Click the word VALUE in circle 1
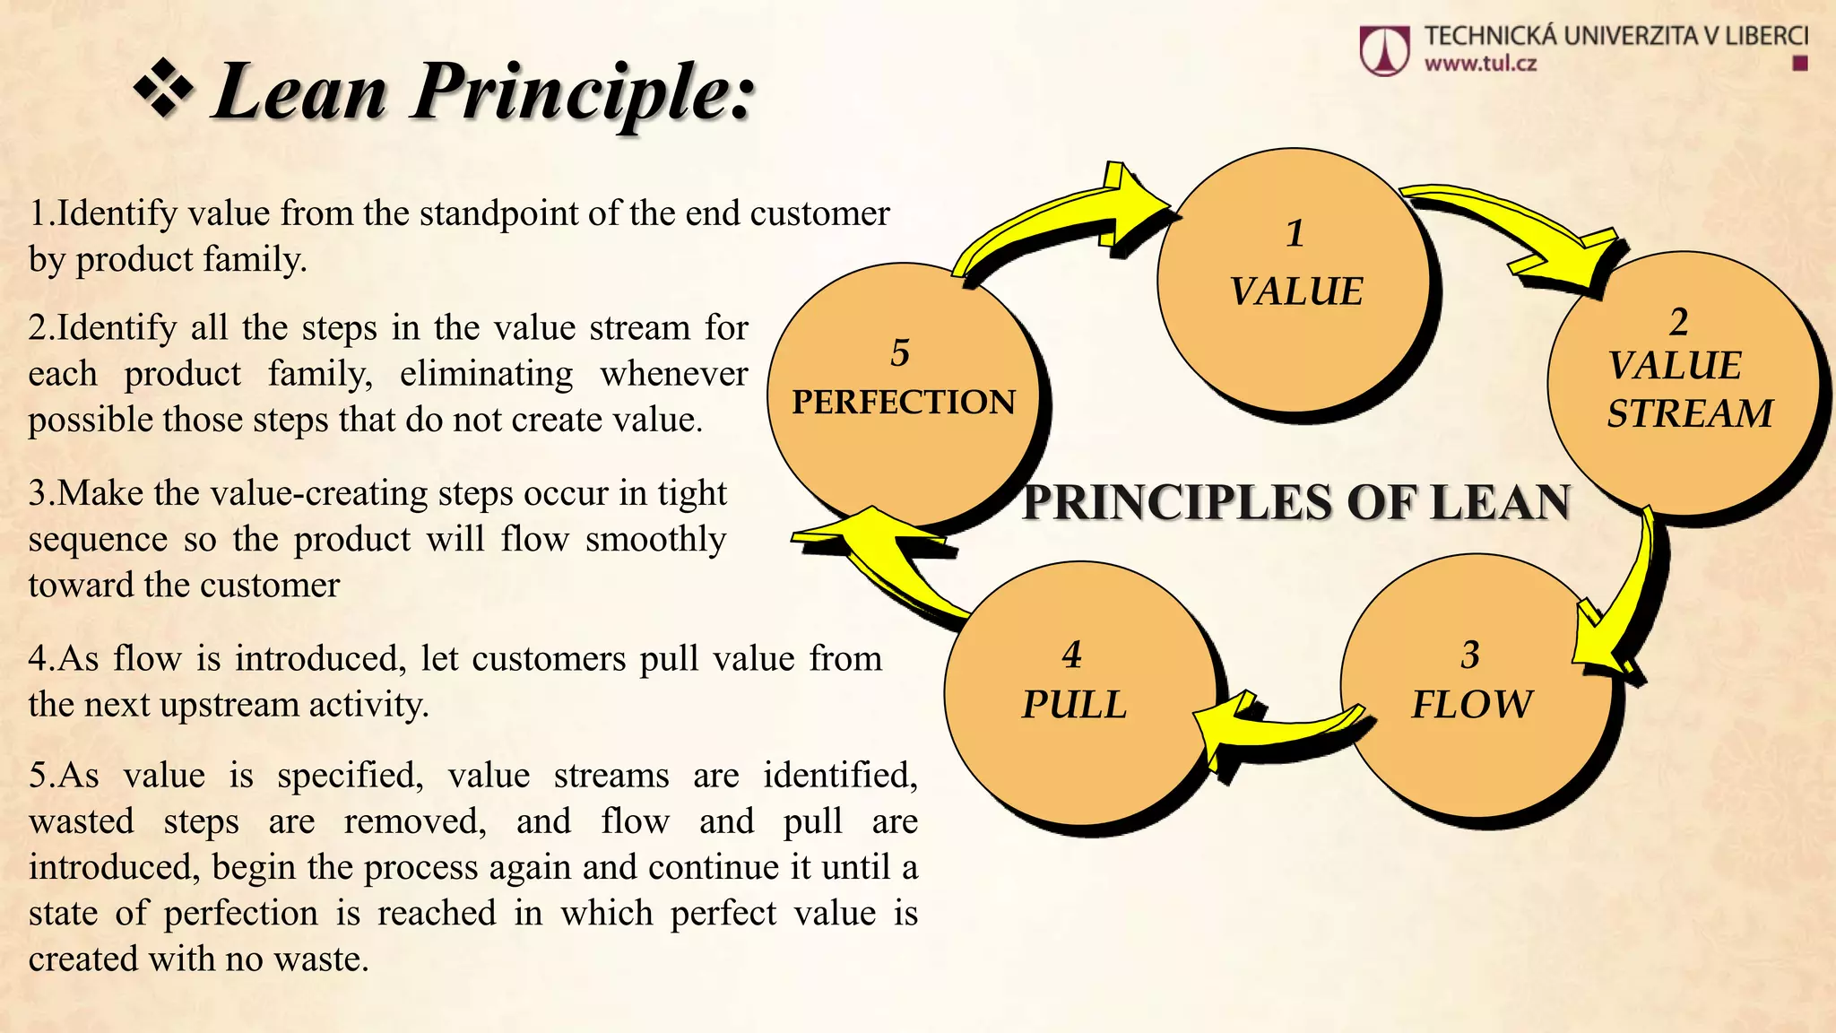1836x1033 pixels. (x=1295, y=292)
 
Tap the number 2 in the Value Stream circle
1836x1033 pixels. (x=1678, y=322)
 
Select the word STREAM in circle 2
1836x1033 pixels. (x=1689, y=413)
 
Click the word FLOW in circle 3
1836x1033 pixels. (x=1471, y=704)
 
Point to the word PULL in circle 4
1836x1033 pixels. (x=1074, y=704)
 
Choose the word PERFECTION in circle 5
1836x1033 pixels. (x=904, y=402)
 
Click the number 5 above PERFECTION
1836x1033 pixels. (x=900, y=352)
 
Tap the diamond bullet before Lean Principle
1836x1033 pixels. (x=164, y=90)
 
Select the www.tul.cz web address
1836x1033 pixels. (x=1480, y=64)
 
